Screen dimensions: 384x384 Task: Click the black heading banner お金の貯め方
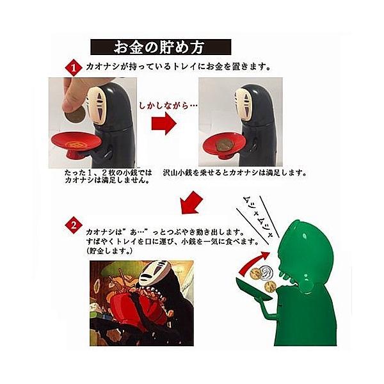(x=160, y=47)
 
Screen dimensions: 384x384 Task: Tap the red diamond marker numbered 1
(x=74, y=67)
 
